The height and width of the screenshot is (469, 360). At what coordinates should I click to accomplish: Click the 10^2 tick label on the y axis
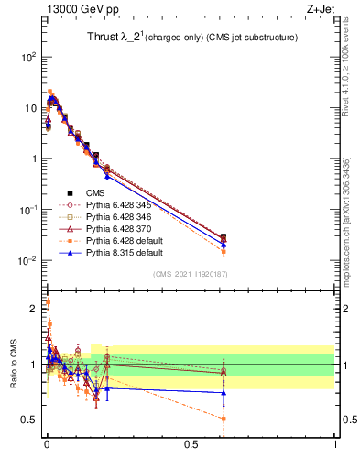[x=27, y=57]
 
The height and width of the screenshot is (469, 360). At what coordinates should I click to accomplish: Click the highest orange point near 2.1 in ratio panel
[x=48, y=301]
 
